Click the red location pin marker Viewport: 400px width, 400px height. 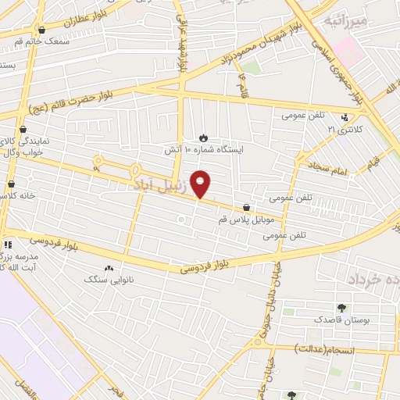click(x=202, y=183)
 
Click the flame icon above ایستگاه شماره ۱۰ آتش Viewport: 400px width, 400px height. click(x=204, y=137)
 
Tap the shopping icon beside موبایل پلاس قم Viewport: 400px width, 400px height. click(x=248, y=208)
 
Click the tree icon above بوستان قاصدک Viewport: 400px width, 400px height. click(x=341, y=308)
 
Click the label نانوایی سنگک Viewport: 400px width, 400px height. click(x=109, y=278)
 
